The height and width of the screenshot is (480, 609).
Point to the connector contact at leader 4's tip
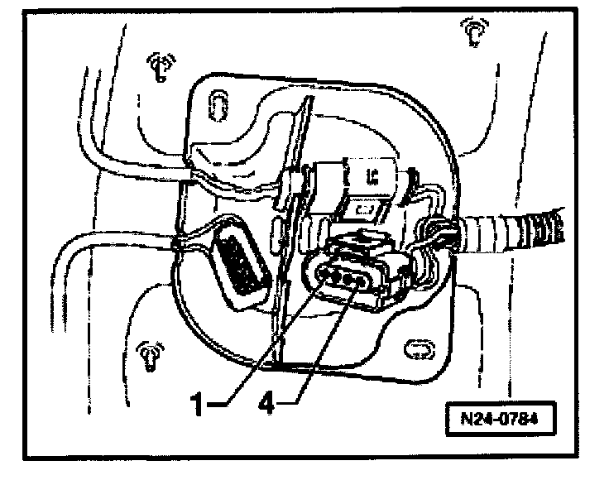358,283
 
